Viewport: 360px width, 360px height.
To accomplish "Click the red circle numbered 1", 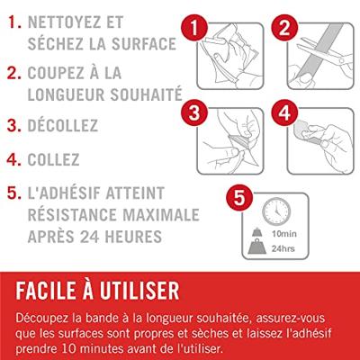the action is (x=194, y=28).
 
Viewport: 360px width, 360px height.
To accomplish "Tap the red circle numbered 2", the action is (x=284, y=28).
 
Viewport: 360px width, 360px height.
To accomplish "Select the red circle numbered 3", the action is (x=194, y=113).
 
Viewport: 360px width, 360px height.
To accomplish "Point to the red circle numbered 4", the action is (x=284, y=113).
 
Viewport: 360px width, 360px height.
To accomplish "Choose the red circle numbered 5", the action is (x=239, y=198).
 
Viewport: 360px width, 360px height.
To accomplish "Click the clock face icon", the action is (x=276, y=211).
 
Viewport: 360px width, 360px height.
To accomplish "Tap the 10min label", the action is (x=284, y=234).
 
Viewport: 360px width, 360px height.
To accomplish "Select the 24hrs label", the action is (x=283, y=248).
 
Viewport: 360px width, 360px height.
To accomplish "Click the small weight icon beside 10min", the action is (x=257, y=232).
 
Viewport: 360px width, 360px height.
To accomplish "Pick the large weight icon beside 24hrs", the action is (x=257, y=247).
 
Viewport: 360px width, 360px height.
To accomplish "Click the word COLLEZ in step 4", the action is (x=53, y=159).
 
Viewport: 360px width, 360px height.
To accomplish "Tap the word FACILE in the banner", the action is (x=46, y=291).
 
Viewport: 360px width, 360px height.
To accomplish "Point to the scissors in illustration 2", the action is (x=324, y=53).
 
